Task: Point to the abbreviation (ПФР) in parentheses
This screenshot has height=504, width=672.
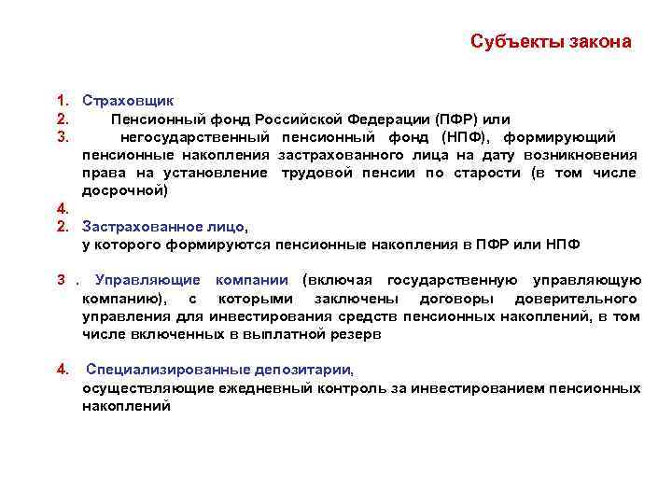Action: tap(455, 119)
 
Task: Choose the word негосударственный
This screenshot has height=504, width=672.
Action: tap(193, 136)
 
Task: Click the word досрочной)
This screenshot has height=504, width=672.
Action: tap(125, 190)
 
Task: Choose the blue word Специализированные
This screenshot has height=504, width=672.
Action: tap(175, 370)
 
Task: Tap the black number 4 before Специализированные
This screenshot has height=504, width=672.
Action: tap(61, 370)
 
